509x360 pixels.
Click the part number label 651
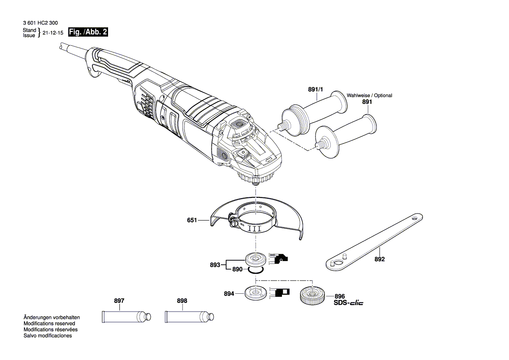(192, 221)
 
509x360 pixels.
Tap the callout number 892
(380, 259)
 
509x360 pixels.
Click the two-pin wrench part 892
(375, 242)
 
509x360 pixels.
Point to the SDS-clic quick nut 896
(311, 295)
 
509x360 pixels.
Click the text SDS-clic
(348, 302)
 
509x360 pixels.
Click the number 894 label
(229, 294)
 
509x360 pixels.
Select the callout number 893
(215, 264)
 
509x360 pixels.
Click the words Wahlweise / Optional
(369, 95)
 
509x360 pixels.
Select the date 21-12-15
(53, 33)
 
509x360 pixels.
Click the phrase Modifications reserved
(49, 323)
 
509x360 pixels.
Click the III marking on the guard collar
(254, 228)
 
